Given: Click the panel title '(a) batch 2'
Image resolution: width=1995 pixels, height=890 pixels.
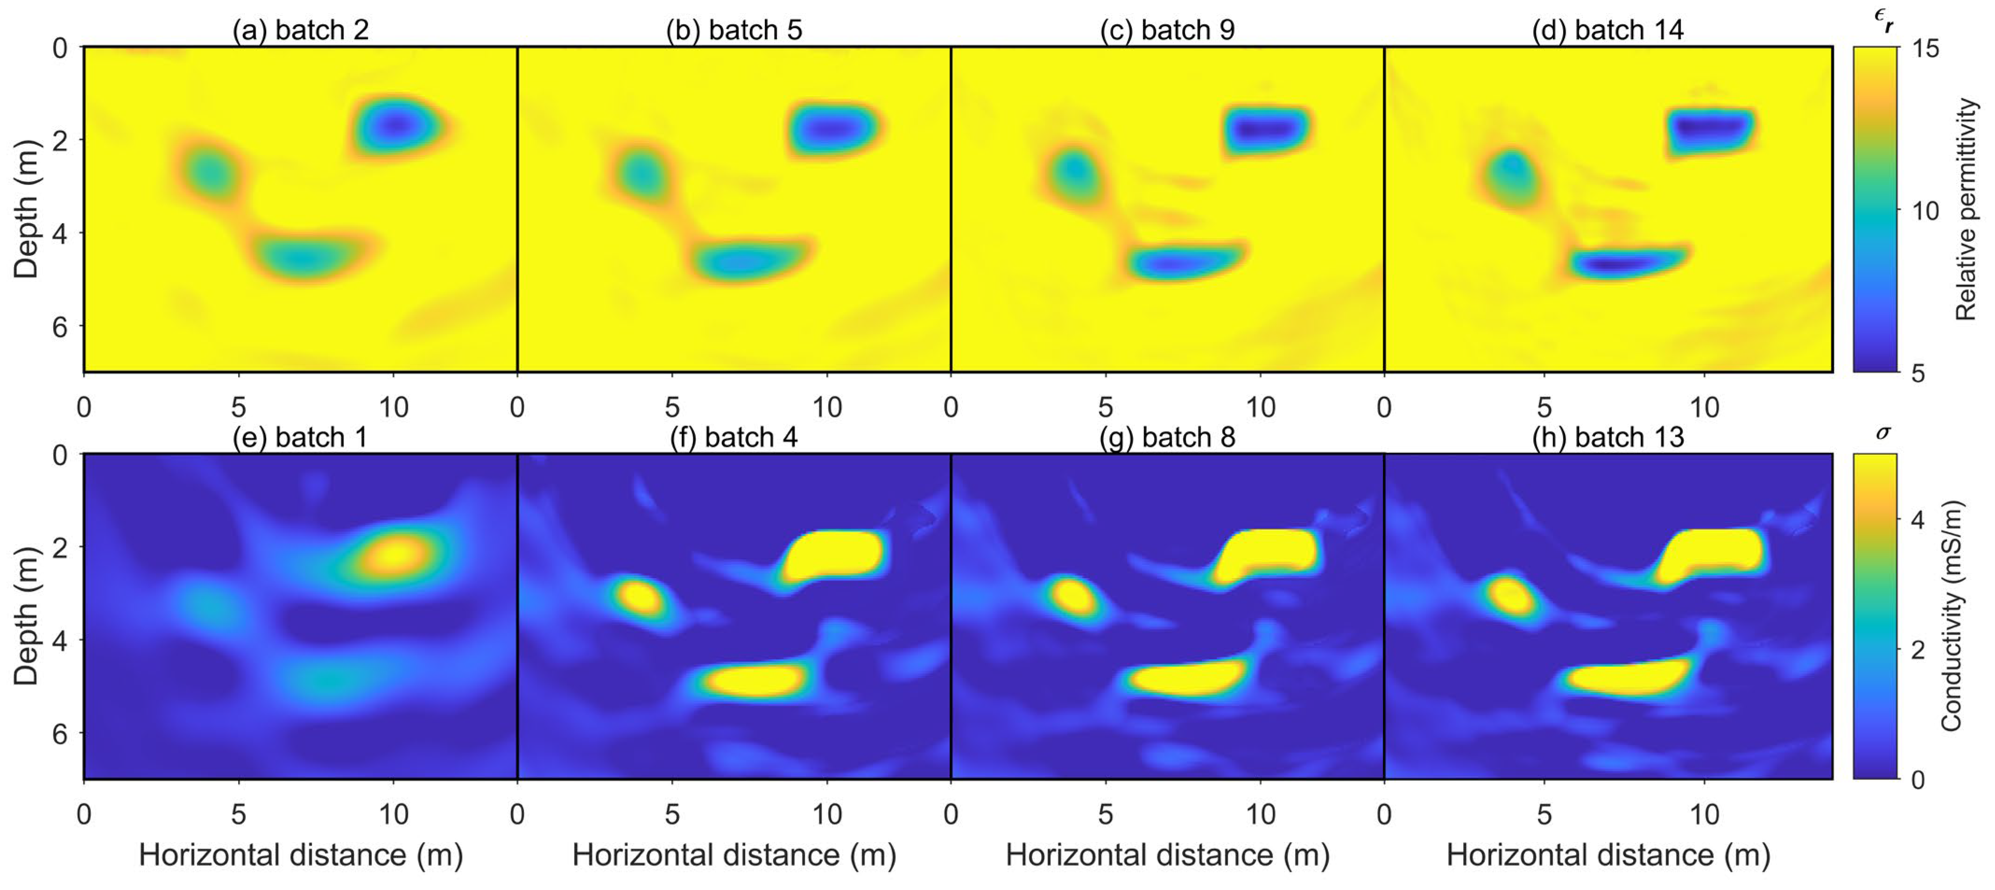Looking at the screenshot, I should (x=301, y=30).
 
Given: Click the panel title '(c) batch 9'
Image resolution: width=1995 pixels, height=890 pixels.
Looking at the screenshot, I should (x=1167, y=30).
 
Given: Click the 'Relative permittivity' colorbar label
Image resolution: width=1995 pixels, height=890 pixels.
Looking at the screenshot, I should (x=1966, y=209).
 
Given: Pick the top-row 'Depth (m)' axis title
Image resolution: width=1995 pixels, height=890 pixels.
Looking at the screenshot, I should (x=26, y=209).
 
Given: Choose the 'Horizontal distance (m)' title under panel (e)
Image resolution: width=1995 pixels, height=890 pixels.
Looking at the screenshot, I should (x=301, y=855).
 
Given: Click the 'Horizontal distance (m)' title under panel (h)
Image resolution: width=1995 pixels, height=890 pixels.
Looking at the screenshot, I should (x=1608, y=855).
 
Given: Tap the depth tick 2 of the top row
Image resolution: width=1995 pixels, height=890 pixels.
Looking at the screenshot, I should (x=60, y=140).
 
